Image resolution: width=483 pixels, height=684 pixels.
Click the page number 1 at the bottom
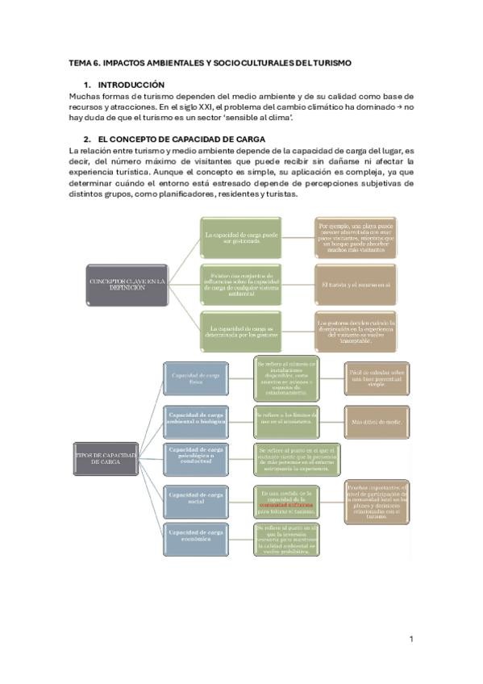tap(411, 639)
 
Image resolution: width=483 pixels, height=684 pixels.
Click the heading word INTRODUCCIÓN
tap(131, 85)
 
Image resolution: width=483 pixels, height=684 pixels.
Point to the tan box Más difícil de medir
tap(377, 421)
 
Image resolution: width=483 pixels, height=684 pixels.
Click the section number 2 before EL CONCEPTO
tap(86, 139)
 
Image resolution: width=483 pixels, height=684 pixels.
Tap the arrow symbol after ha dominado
tap(399, 107)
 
